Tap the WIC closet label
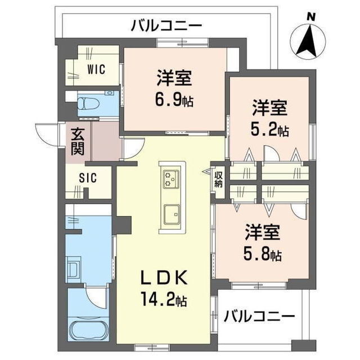(96, 70)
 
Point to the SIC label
(88, 178)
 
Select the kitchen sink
(171, 214)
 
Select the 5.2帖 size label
(270, 130)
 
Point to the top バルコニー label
(166, 25)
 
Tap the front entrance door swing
(47, 133)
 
